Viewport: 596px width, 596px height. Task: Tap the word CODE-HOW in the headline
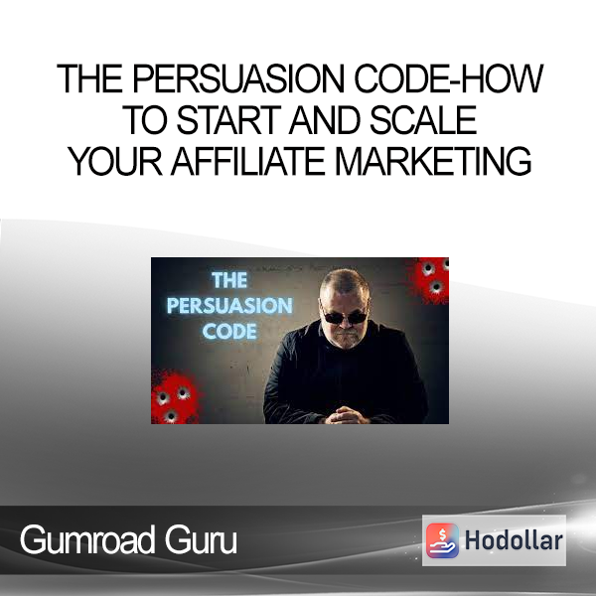click(449, 78)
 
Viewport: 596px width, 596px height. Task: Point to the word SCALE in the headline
click(423, 120)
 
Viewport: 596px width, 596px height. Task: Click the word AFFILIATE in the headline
click(248, 161)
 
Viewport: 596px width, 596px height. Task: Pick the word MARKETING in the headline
click(433, 161)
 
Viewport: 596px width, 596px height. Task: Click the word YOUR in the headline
click(115, 161)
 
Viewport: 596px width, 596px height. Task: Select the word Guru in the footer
click(201, 539)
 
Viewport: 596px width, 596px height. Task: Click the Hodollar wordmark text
click(514, 540)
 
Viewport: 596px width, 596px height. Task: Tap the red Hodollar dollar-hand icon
click(442, 540)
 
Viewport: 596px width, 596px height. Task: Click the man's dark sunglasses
click(345, 317)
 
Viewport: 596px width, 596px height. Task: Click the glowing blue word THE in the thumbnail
click(229, 280)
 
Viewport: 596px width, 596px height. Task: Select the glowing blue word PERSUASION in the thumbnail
click(229, 306)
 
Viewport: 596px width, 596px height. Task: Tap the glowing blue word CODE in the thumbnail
click(229, 331)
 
